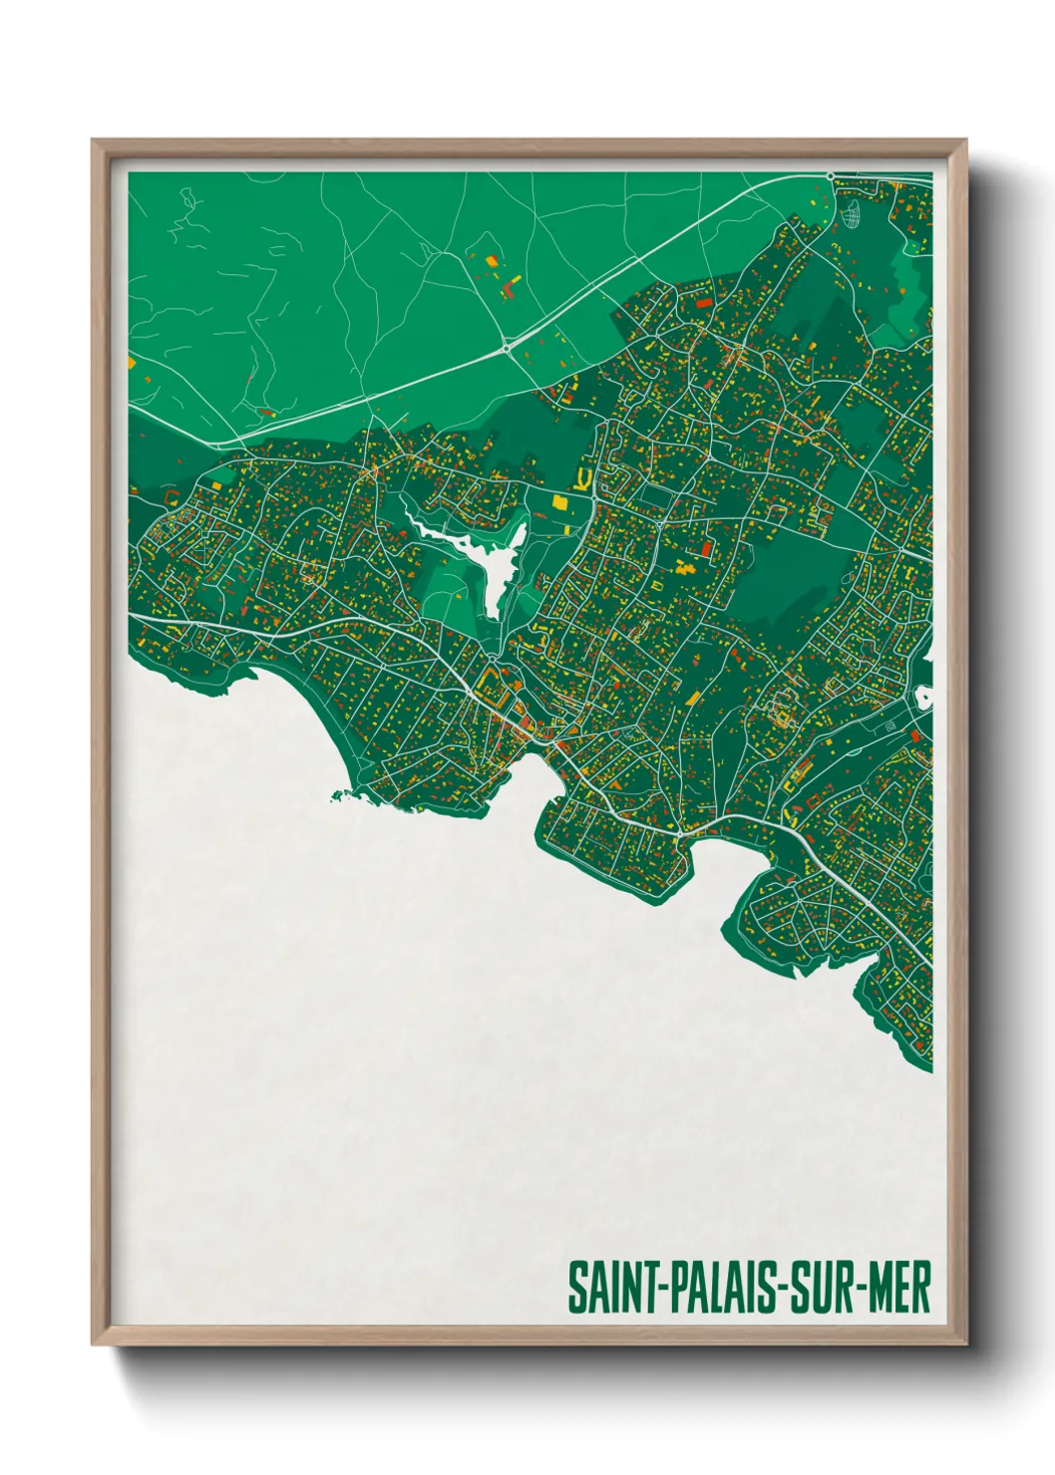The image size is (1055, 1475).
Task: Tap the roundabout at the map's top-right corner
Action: tap(830, 176)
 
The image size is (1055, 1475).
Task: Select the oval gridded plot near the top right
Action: tap(851, 214)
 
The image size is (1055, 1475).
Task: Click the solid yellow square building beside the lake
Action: tap(558, 502)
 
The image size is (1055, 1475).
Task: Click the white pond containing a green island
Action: tap(923, 696)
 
